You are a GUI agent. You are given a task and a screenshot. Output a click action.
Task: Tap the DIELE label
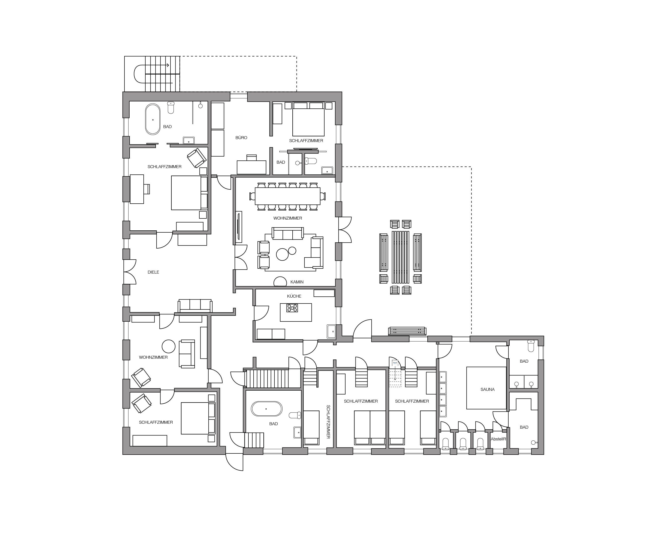coord(153,272)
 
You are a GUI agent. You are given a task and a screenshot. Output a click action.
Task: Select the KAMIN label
coord(297,282)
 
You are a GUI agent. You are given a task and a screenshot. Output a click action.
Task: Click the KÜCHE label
coord(294,296)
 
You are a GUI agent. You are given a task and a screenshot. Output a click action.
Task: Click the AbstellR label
coord(498,439)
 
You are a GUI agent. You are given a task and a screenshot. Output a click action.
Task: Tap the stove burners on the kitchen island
coord(292,308)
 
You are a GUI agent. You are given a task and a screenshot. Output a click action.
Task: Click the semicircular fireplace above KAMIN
coord(280,281)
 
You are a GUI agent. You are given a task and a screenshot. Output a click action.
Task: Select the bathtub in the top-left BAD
coord(153,119)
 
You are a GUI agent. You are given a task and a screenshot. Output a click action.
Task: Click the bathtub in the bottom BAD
coord(266,409)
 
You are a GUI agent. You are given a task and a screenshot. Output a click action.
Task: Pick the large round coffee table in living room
coord(282,254)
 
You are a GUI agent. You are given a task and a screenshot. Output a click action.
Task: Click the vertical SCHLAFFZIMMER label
coord(328,422)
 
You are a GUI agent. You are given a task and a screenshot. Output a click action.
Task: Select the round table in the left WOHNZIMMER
coord(169,346)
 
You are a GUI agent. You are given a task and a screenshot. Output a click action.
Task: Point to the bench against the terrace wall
coord(407,331)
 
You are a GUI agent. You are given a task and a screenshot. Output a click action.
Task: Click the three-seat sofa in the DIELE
coord(195,305)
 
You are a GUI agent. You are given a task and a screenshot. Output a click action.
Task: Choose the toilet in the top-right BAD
coord(311,161)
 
